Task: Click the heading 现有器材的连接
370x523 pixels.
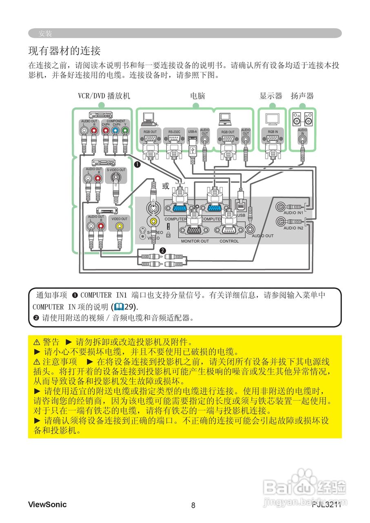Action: coord(64,51)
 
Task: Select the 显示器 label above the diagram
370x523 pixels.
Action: coord(271,96)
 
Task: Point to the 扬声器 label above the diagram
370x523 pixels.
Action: coord(302,96)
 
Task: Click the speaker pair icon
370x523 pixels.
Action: coord(302,118)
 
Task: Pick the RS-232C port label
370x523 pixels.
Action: coord(174,132)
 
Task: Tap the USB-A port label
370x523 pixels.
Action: coord(192,132)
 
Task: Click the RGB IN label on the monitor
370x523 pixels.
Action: coord(273,132)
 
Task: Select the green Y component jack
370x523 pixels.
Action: coord(125,131)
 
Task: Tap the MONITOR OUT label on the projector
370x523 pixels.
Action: coord(195,241)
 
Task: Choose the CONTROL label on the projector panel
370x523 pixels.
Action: coord(229,241)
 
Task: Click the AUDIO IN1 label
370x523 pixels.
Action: coord(293,213)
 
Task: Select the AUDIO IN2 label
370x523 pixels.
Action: coord(293,228)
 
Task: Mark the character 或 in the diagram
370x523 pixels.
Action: coord(165,186)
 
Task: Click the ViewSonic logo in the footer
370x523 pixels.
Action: coord(47,504)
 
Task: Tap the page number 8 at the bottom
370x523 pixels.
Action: coord(193,505)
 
